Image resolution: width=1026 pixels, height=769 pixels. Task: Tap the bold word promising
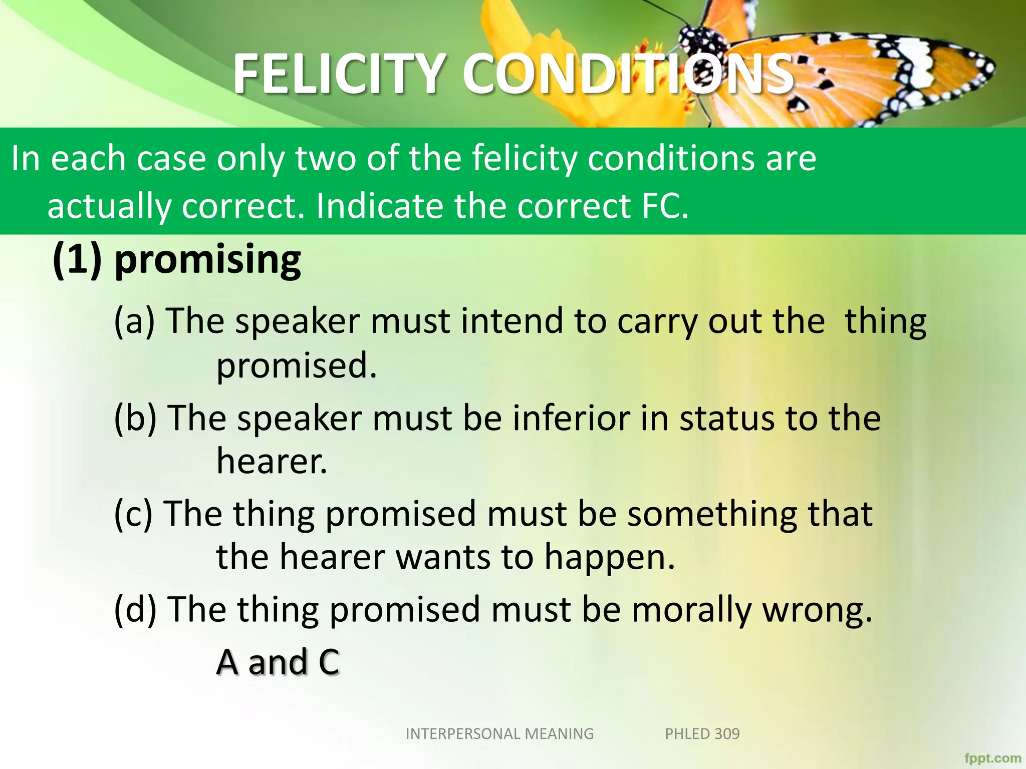coord(208,260)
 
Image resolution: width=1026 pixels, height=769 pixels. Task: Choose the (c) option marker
coord(133,515)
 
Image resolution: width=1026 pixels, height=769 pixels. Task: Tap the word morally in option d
coord(691,610)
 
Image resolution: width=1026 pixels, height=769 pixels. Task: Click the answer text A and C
coord(278,662)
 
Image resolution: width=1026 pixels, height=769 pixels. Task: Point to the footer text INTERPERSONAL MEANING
coord(499,734)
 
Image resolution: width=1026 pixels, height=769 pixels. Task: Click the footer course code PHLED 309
coord(702,734)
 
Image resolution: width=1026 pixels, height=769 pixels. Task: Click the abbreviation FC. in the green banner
coord(665,206)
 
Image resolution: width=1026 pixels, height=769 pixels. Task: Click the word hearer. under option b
coord(272,462)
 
